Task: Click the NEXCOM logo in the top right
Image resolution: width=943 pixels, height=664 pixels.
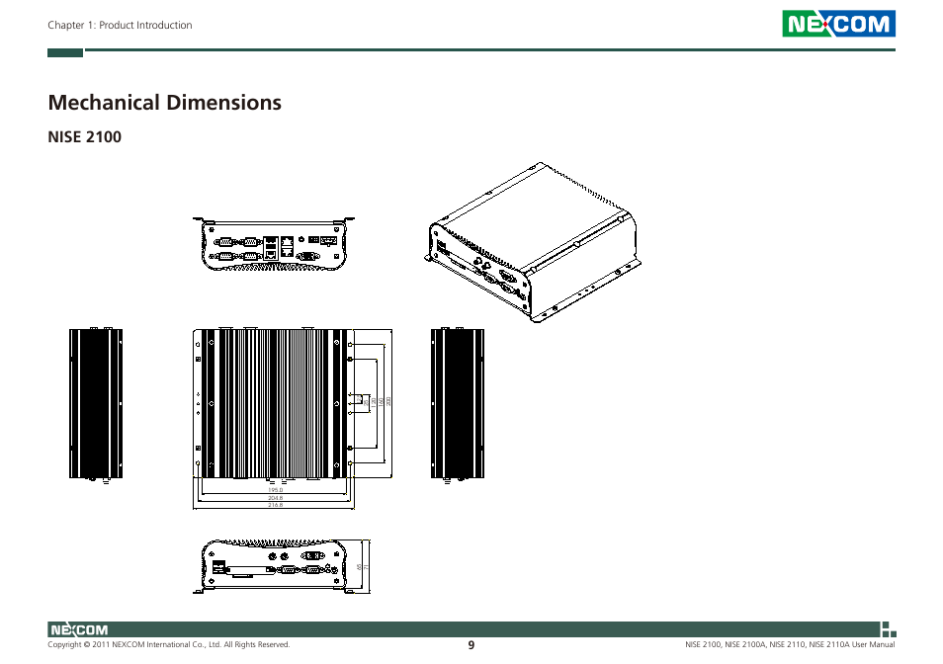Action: point(838,24)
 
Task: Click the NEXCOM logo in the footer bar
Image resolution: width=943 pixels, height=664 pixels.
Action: point(79,629)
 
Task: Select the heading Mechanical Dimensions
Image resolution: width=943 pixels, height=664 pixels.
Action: point(164,102)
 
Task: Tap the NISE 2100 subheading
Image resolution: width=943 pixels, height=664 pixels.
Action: point(84,137)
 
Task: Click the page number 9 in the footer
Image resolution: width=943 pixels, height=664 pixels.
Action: point(471,645)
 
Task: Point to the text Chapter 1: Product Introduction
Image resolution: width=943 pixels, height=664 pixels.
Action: point(120,26)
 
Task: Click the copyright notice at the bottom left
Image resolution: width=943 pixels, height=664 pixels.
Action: point(168,645)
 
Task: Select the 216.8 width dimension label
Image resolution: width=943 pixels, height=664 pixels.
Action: point(276,505)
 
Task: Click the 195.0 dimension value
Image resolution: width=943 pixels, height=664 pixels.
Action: point(276,490)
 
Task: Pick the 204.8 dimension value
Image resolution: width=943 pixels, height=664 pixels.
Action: point(276,498)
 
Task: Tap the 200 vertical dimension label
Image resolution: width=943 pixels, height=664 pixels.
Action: point(389,401)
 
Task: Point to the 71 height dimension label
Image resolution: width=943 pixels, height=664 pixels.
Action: point(368,567)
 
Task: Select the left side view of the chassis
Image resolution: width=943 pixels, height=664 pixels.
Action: point(96,403)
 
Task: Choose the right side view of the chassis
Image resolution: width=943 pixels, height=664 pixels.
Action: point(459,403)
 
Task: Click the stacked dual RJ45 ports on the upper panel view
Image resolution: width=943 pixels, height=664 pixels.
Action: point(286,246)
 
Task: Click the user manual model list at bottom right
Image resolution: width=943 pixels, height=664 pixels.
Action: point(790,645)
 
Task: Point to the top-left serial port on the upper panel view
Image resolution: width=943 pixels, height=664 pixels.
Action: point(225,240)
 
